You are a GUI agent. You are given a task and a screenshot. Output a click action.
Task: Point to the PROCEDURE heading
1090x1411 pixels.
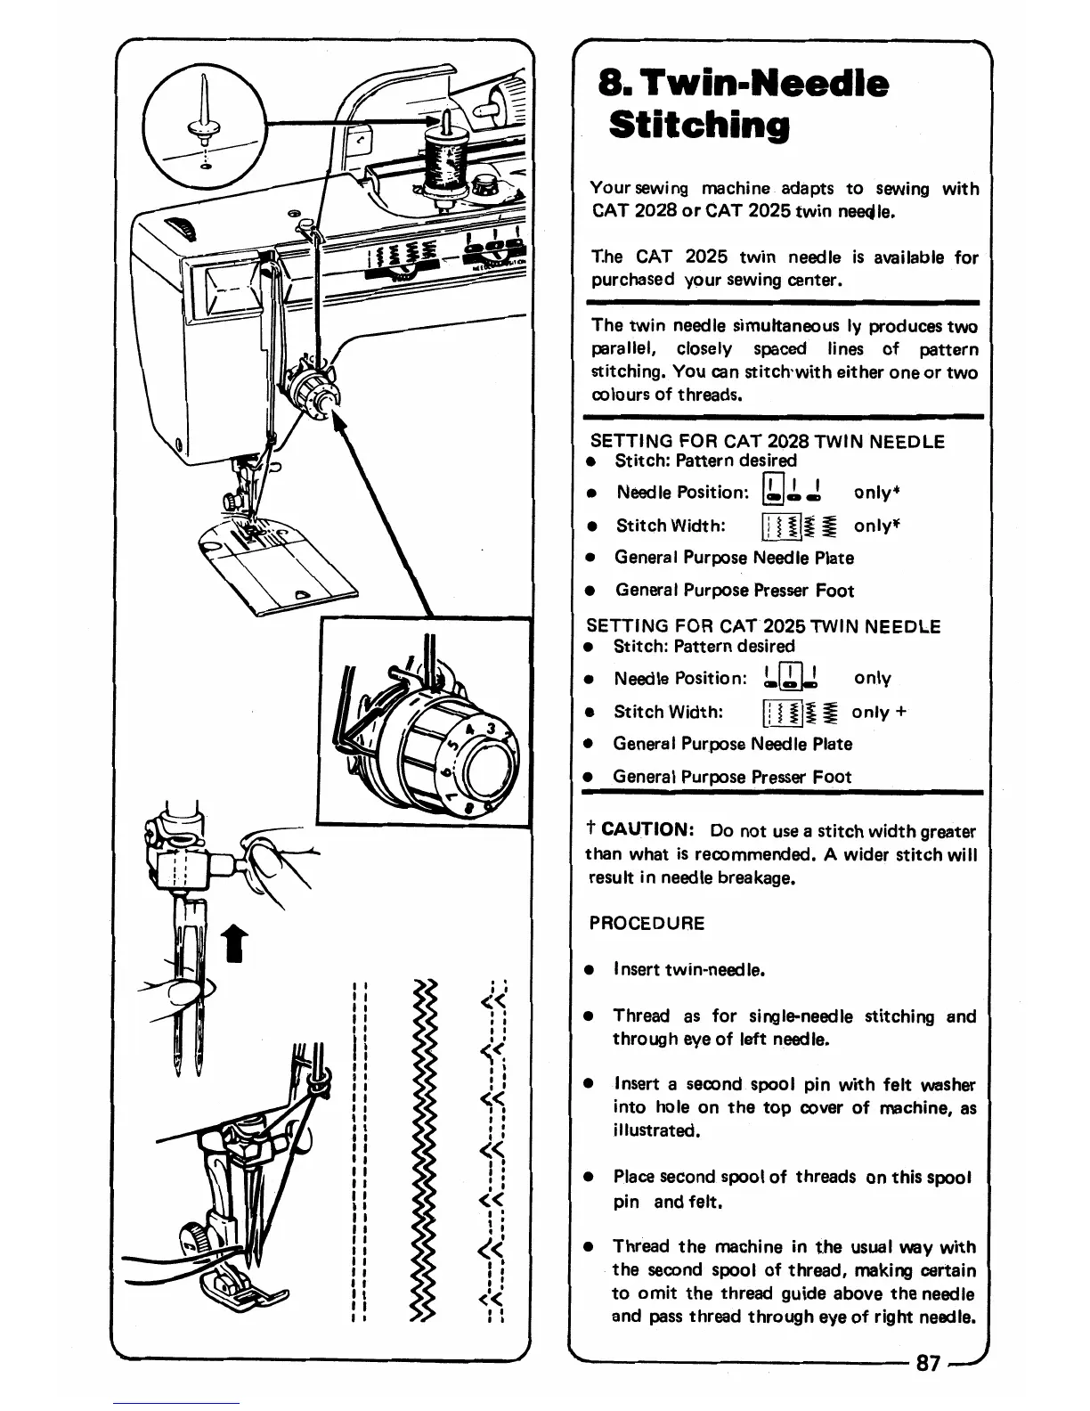point(647,923)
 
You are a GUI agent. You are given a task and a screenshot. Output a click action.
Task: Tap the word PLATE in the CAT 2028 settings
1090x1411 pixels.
point(836,558)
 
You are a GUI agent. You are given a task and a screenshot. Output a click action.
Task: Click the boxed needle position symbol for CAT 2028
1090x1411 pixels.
point(772,492)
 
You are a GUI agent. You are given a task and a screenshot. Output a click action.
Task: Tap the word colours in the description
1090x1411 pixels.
point(621,395)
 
